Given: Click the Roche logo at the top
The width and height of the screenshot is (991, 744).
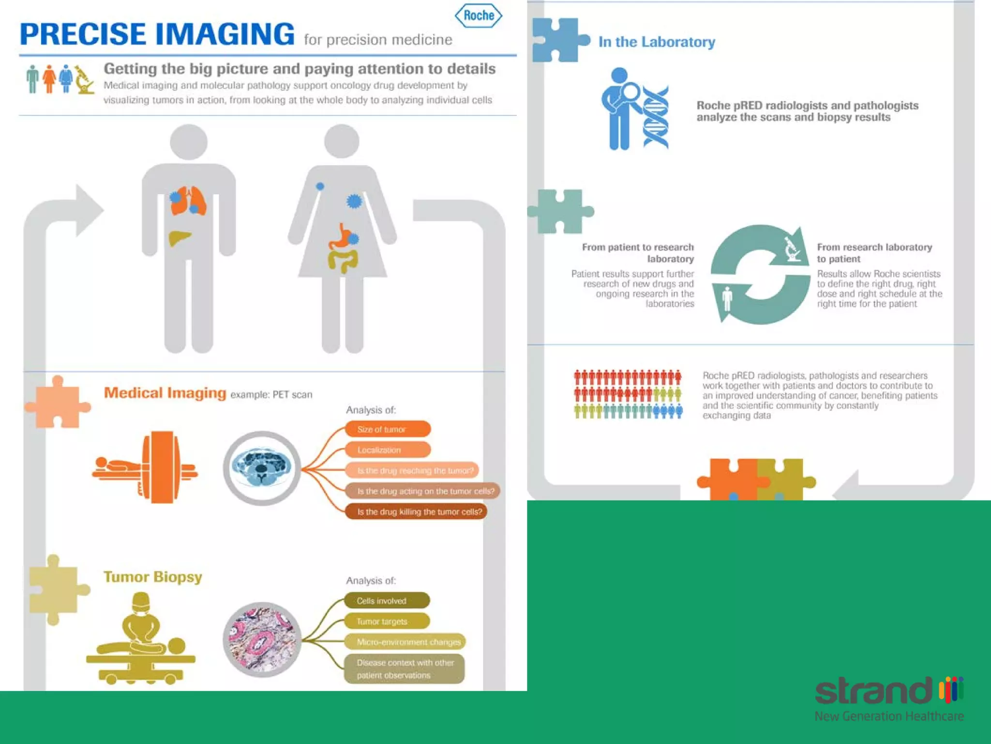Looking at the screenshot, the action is point(478,15).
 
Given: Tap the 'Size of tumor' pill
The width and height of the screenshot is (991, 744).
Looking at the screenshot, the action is point(388,429).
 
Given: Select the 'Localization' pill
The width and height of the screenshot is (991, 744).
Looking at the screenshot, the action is point(388,450).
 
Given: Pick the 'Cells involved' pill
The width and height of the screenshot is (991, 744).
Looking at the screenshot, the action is point(387,601).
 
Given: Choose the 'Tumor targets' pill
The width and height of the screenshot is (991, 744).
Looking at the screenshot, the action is point(387,621).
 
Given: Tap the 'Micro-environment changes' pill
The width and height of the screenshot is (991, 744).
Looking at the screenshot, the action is point(405,642).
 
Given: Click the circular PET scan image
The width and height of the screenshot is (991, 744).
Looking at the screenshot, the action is point(262,468).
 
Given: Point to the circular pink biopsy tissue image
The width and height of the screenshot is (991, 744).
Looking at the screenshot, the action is point(262,639).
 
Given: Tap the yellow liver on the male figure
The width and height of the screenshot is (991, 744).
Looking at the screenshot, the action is point(179,238).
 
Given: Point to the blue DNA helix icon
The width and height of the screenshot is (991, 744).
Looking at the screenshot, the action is point(655,117).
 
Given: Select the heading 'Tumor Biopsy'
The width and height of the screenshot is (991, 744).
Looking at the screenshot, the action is point(152,577).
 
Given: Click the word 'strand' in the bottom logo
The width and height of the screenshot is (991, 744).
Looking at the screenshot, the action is point(874,691).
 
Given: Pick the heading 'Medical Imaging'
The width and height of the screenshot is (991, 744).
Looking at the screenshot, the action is point(165,393).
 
